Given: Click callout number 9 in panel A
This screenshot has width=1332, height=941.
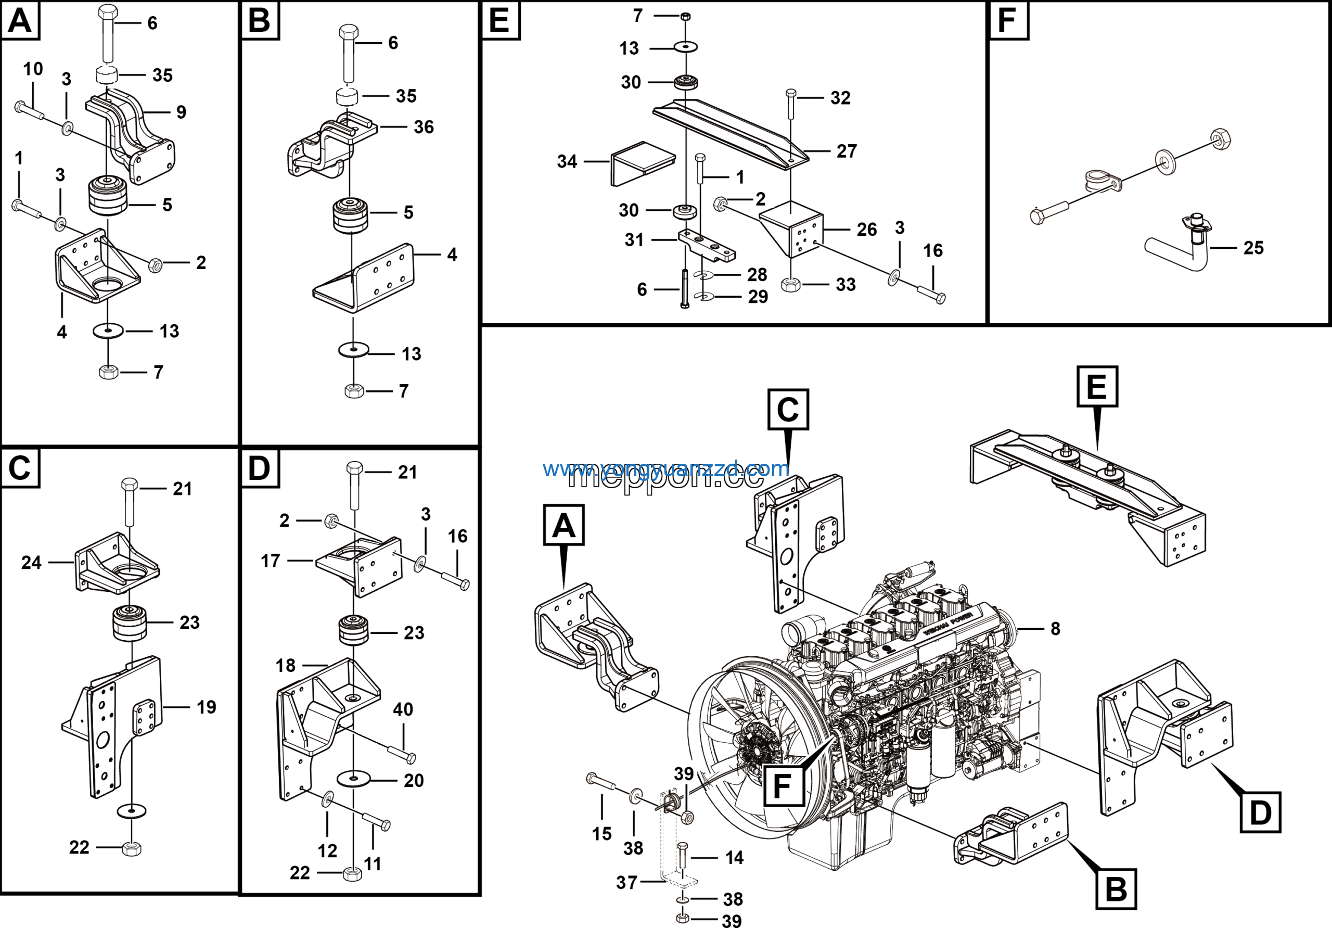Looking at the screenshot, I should click(181, 112).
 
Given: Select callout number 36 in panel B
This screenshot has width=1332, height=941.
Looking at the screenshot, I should click(424, 127).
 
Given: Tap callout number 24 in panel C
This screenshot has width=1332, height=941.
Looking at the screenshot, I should click(31, 562).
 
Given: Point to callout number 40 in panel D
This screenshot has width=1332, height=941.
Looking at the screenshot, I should click(403, 709).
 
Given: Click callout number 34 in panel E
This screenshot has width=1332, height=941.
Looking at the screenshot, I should click(567, 161).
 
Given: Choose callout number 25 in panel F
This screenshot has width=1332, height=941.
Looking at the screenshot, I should click(1253, 248).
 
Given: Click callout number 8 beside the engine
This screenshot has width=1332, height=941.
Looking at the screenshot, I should click(1055, 628).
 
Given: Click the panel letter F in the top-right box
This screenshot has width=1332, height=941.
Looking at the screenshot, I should click(1007, 20).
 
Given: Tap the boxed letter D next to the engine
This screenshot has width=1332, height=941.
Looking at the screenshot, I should click(1260, 812).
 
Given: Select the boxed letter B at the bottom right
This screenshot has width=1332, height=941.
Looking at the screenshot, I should click(1116, 889).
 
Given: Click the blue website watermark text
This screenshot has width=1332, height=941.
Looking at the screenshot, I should click(665, 468).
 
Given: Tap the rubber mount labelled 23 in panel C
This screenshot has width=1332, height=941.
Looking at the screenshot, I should click(130, 622).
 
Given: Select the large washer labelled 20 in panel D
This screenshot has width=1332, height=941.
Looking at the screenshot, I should click(353, 779).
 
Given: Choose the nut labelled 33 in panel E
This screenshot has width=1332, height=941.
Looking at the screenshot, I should click(791, 284).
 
